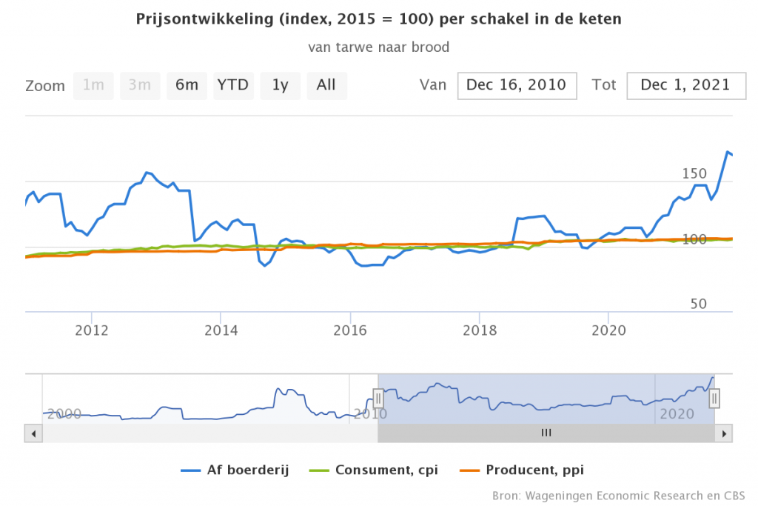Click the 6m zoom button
187,85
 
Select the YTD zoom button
233,85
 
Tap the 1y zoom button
280,85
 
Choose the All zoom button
326,85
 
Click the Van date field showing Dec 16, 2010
517,85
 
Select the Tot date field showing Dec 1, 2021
685,85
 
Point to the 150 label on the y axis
694,173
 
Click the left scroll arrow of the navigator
32,433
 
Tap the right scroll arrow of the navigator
725,433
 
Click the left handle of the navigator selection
378,399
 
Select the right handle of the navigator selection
715,399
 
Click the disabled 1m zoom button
93,85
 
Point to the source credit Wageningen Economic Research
618,495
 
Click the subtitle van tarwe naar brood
379,47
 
